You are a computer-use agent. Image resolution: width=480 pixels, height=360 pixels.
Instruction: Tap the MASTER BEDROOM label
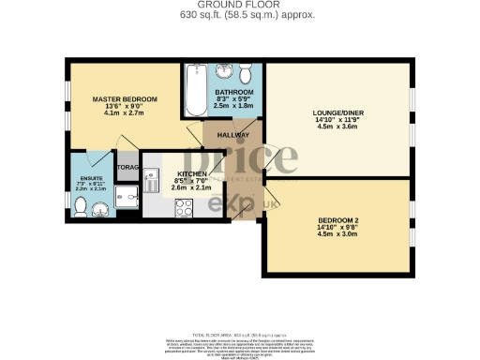[x=124, y=98]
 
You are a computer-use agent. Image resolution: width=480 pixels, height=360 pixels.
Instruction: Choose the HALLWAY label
[x=233, y=136]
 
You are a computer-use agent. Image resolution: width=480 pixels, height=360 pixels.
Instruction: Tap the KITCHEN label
[x=192, y=174]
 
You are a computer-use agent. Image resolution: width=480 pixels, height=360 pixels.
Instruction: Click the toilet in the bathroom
[x=246, y=73]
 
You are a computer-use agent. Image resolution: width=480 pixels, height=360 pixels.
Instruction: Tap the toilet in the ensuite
[x=84, y=208]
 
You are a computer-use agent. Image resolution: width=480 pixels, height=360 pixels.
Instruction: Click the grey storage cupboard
[x=127, y=168]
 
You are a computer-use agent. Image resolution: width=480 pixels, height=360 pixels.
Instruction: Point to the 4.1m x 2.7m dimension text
[x=124, y=115]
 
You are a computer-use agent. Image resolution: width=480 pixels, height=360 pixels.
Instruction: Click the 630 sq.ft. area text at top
[x=239, y=16]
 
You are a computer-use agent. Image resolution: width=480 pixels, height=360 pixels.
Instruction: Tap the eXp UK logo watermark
[x=231, y=202]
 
